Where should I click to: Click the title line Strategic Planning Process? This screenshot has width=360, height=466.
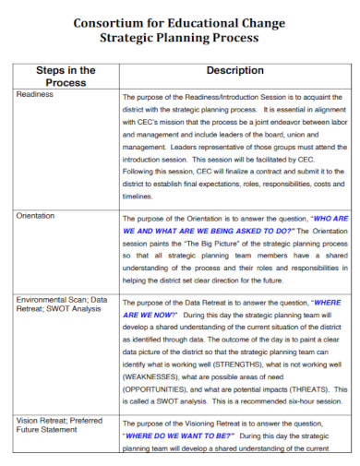[180, 39]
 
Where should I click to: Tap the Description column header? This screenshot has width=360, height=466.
[234, 70]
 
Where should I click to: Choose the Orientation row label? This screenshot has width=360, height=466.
[38, 214]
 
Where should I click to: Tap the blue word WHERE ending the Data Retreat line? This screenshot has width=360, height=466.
[327, 302]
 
